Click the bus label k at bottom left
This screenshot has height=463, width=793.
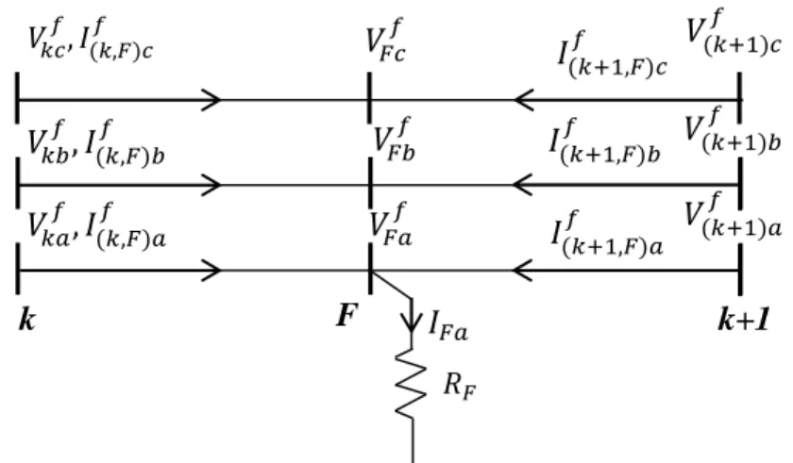coord(27,319)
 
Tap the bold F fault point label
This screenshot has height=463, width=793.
coord(347,315)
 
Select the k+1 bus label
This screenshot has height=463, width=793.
coord(744,319)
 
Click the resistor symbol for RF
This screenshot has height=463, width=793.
coord(410,384)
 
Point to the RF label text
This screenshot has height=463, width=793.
coord(460,387)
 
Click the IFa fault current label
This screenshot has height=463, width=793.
coord(448,326)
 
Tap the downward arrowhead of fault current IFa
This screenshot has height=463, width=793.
coord(412,323)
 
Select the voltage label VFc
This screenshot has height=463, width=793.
coord(385,41)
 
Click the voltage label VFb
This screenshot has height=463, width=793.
coord(394,141)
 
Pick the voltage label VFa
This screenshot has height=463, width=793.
coord(391,224)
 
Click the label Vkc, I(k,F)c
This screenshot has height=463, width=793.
coord(90,40)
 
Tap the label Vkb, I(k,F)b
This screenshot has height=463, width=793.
coord(95,143)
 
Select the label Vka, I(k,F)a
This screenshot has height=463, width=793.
coord(96,226)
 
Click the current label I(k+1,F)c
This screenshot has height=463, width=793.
coord(612,55)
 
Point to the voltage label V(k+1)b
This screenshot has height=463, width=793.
coord(733,130)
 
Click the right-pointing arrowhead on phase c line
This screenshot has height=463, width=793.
coord(211,99)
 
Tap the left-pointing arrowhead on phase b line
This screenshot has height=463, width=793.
coord(523,185)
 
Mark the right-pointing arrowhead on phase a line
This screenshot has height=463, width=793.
coord(211,271)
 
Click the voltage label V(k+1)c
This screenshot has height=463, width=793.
coord(734,32)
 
